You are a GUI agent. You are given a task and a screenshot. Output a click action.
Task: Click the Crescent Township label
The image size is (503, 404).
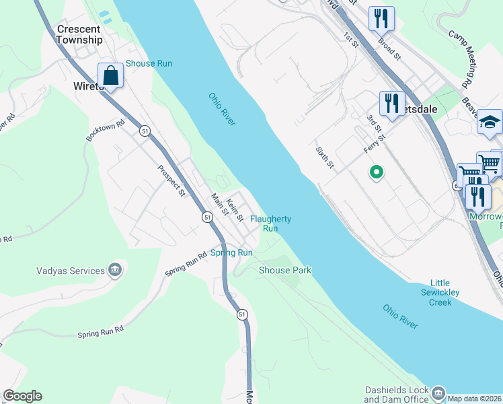(79, 34)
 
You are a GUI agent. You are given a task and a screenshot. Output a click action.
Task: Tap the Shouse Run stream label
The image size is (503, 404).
(149, 63)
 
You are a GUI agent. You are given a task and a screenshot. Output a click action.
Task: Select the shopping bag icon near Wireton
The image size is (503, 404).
(111, 75)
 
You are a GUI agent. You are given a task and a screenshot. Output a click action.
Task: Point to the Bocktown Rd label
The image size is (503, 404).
(106, 131)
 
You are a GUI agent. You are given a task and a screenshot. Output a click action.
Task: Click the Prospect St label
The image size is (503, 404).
(171, 181)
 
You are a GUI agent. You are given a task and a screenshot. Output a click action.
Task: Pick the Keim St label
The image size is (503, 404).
(234, 210)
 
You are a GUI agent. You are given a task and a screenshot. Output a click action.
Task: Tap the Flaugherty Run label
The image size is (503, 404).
(270, 224)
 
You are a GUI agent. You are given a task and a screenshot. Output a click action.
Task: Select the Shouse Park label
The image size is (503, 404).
(285, 270)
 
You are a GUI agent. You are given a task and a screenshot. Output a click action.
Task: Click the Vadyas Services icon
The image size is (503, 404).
(115, 271)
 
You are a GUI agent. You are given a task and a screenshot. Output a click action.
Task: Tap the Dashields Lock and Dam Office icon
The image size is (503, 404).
(438, 392)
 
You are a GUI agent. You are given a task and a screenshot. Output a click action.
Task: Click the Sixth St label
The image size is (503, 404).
(324, 157)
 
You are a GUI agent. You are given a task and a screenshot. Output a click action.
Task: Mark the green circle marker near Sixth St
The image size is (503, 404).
(377, 173)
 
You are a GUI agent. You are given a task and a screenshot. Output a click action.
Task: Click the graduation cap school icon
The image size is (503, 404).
(490, 122)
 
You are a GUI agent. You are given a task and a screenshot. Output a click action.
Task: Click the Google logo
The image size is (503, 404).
(22, 396)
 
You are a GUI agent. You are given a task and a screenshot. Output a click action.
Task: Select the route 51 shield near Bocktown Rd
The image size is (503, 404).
(145, 131)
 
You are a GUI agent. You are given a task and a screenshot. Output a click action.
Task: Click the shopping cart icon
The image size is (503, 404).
(490, 162)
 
